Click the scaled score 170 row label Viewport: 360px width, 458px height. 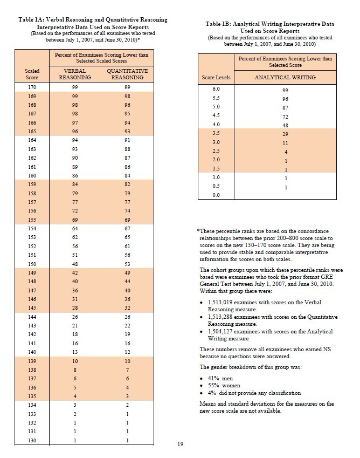pyautogui.click(x=32, y=86)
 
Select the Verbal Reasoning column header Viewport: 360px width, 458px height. pyautogui.click(x=71, y=74)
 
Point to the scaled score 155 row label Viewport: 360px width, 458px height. pyautogui.click(x=32, y=221)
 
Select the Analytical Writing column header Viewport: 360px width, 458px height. pyautogui.click(x=285, y=77)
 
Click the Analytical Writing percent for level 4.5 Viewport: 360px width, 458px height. pyautogui.click(x=285, y=117)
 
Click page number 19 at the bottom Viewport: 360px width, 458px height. pyautogui.click(x=181, y=444)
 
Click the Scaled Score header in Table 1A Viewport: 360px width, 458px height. pyautogui.click(x=32, y=74)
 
